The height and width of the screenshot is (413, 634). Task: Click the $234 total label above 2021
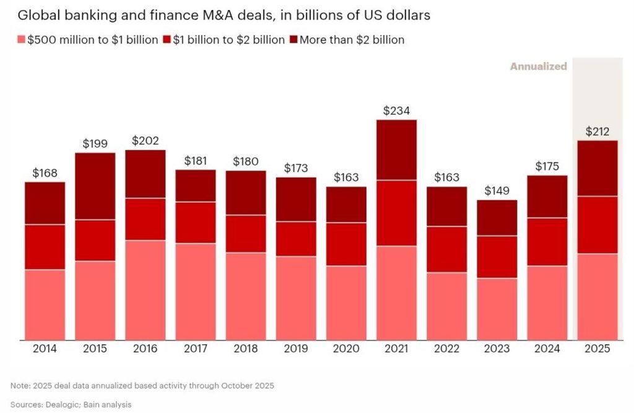click(x=396, y=110)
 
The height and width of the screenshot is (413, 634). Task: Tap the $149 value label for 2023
click(x=497, y=191)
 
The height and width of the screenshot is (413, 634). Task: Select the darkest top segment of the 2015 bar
click(x=95, y=186)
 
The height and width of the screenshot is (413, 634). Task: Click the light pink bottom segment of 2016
click(x=145, y=290)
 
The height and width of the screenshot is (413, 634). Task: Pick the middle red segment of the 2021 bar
click(x=396, y=213)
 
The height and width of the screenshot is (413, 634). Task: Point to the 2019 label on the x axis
click(x=296, y=349)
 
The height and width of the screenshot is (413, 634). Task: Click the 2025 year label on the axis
click(x=597, y=349)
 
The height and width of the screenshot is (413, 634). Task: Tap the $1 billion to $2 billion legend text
click(x=228, y=40)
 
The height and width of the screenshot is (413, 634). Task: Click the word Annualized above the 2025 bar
click(x=538, y=66)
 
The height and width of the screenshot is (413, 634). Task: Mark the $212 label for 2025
click(x=597, y=131)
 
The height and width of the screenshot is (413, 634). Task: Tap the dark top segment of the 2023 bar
click(x=497, y=218)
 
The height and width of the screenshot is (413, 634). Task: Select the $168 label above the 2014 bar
click(x=45, y=173)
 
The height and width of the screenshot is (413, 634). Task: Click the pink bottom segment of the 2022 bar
click(x=446, y=306)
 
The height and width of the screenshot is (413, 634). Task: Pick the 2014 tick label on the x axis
click(x=45, y=349)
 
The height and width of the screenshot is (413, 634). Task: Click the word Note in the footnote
click(x=20, y=385)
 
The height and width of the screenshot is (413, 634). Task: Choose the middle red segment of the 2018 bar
click(x=246, y=233)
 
